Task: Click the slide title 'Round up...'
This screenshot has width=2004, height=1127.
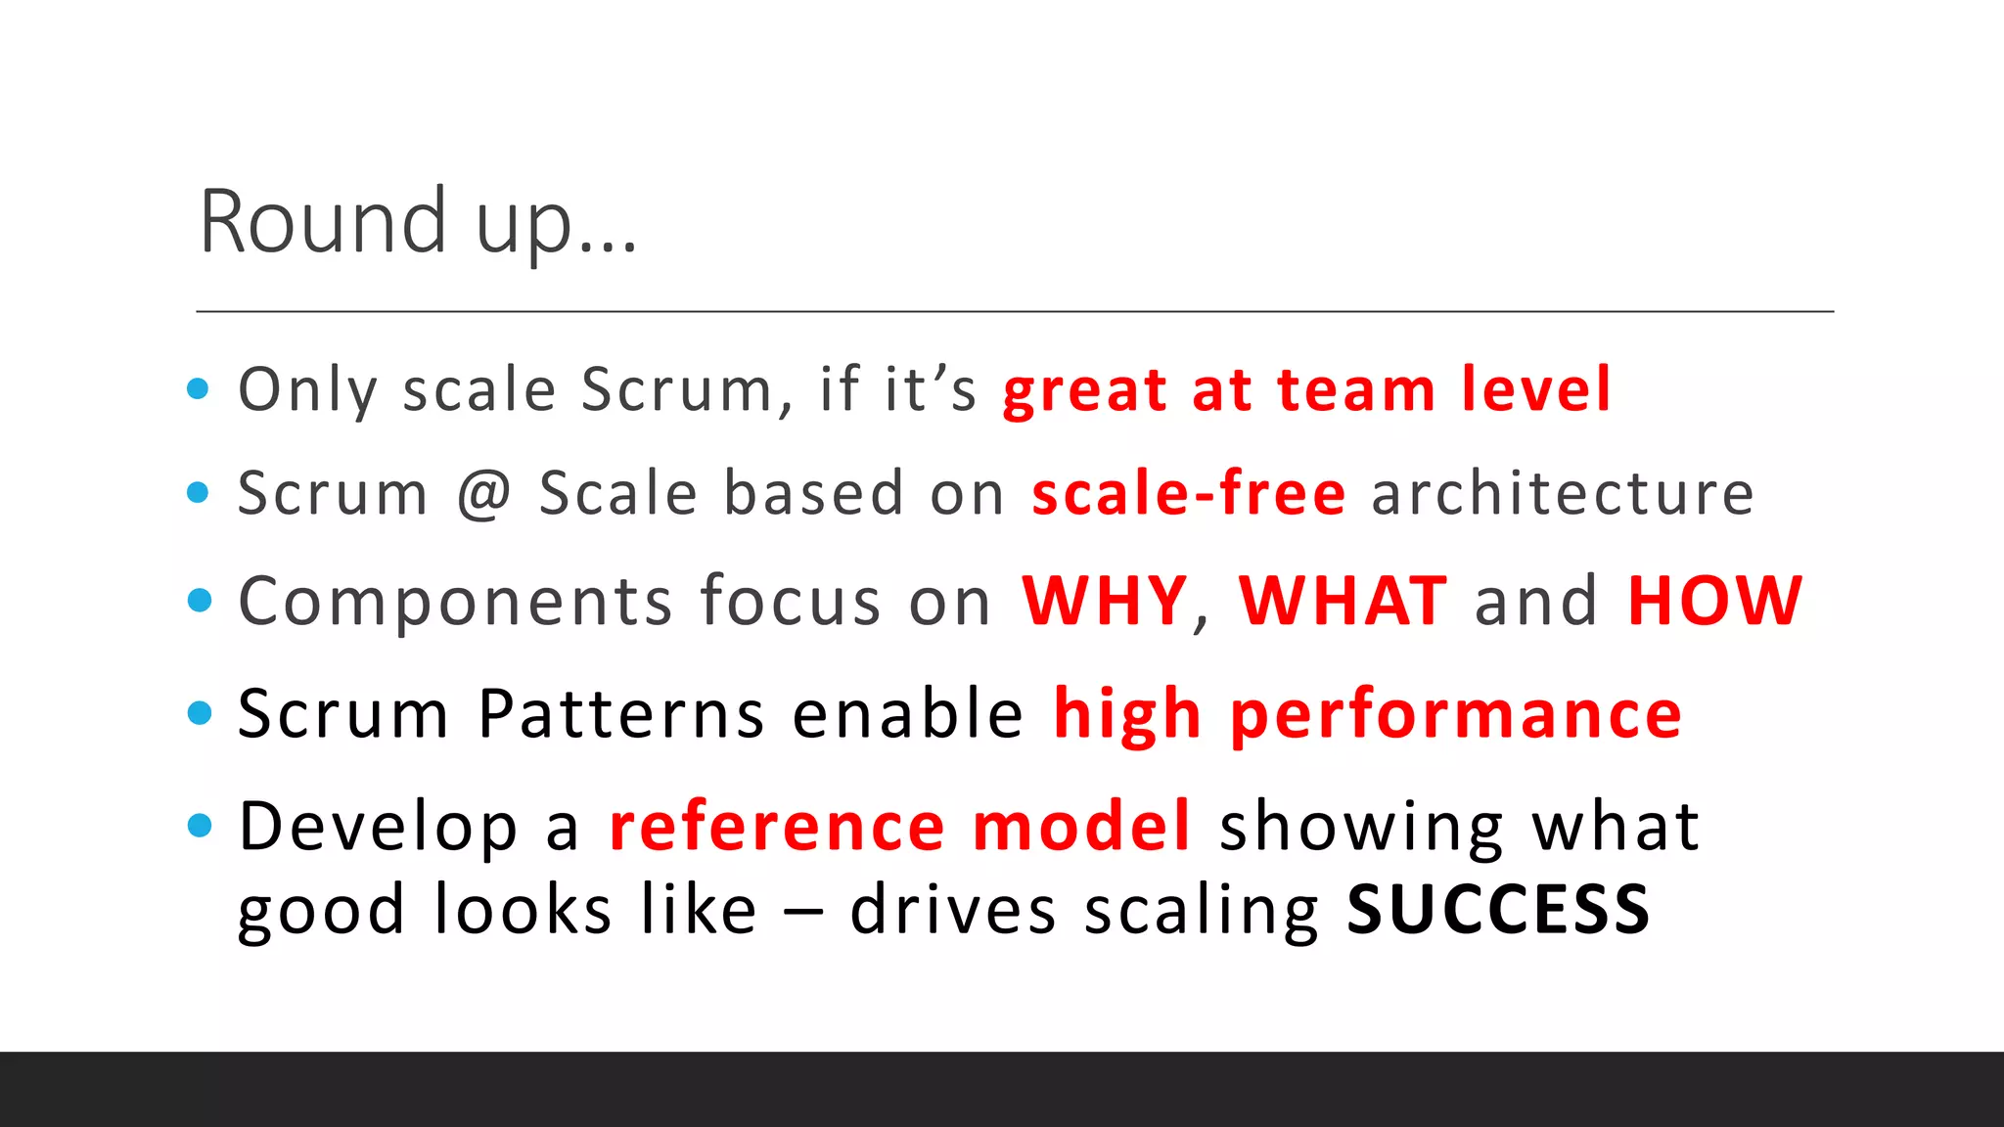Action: [418, 223]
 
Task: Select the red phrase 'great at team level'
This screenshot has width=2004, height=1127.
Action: [1306, 390]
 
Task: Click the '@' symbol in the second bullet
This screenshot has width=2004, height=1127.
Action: [484, 494]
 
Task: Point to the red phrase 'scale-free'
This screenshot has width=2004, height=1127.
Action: [1189, 494]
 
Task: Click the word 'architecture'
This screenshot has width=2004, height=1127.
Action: [1563, 494]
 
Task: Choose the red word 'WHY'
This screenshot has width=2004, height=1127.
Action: [1105, 601]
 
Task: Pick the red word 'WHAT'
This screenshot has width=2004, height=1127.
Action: [1343, 601]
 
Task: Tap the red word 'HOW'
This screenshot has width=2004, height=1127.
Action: [1714, 601]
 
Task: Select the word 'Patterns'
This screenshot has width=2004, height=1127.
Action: [621, 714]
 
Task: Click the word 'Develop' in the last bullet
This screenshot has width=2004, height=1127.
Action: [378, 828]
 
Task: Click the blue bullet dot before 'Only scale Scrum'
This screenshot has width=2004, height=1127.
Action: [199, 389]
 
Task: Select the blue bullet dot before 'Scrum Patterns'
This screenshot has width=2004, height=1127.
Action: [199, 713]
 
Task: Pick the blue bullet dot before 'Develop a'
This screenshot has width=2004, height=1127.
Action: [199, 827]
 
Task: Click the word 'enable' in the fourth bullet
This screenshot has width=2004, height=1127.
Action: [907, 714]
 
